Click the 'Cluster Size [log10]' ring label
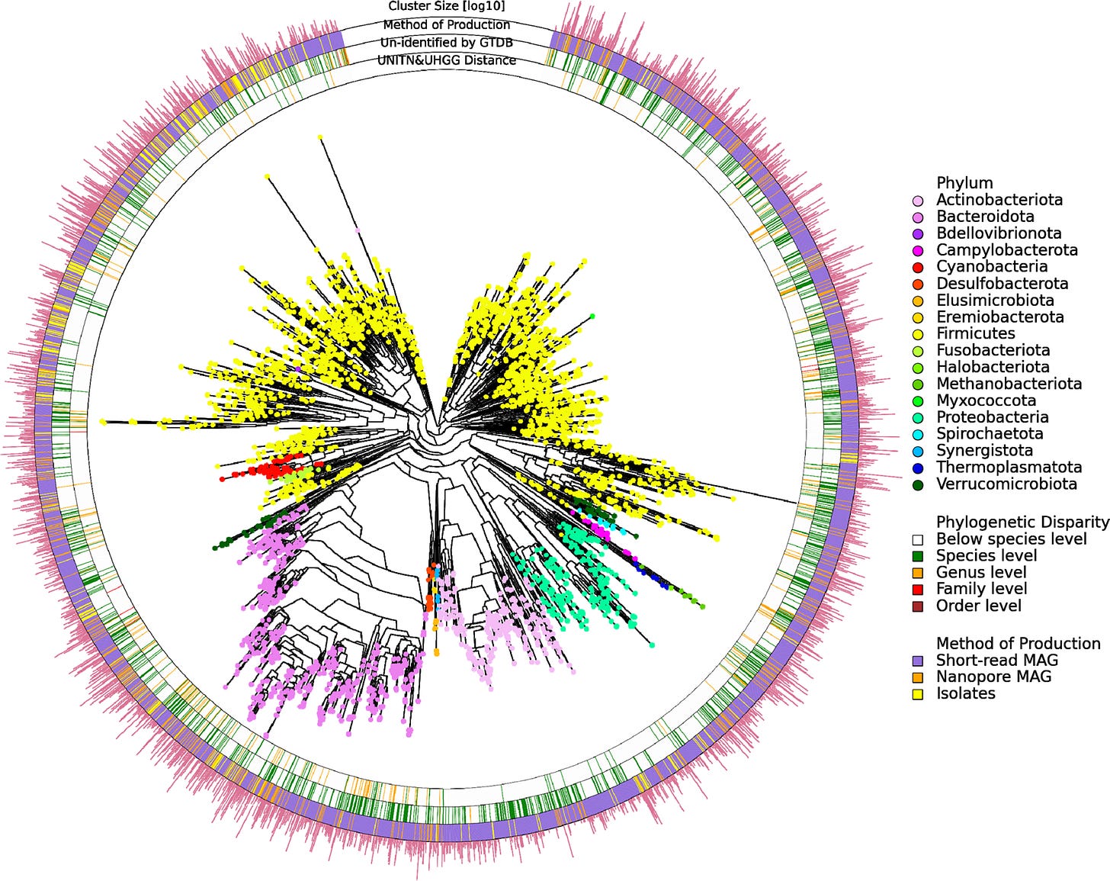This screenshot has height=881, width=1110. coord(446,6)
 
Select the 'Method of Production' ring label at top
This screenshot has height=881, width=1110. coord(446,24)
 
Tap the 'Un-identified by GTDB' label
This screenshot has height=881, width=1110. coord(446,43)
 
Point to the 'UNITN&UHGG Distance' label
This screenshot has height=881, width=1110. coord(446,60)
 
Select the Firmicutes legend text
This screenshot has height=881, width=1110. coord(975,333)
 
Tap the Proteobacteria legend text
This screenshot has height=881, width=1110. coord(992,417)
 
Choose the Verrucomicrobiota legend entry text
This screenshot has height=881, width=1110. coord(1006,484)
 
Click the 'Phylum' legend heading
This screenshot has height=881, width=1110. coord(964,183)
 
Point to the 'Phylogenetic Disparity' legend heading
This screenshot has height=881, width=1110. coord(1022,522)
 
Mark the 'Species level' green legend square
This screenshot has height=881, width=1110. coord(918,556)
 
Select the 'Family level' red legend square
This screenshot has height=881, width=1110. coord(918,590)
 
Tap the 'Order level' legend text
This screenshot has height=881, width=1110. coord(978,606)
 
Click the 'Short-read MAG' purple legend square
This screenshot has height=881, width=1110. coord(918,661)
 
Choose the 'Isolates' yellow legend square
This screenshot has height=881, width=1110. coord(918,694)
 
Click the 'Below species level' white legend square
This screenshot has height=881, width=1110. coord(918,539)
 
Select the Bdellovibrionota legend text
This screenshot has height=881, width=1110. coord(999,233)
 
